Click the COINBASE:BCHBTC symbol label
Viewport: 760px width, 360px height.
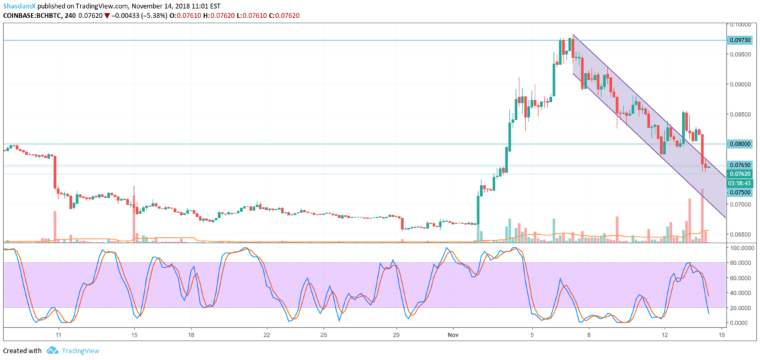pos(32,15)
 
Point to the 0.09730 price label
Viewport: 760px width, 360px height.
pos(739,40)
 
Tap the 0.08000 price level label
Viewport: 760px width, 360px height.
pos(739,144)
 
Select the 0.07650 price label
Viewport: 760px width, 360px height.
pos(739,165)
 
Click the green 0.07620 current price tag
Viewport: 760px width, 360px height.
pos(739,173)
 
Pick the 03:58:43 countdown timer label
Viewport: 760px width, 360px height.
pos(739,183)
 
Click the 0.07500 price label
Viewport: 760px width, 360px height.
pos(739,192)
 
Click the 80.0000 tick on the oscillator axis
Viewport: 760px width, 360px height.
pos(741,262)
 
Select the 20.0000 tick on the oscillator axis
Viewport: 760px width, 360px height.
pos(741,308)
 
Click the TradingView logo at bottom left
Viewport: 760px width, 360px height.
pos(71,351)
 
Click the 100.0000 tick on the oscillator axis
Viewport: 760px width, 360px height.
pos(741,247)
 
